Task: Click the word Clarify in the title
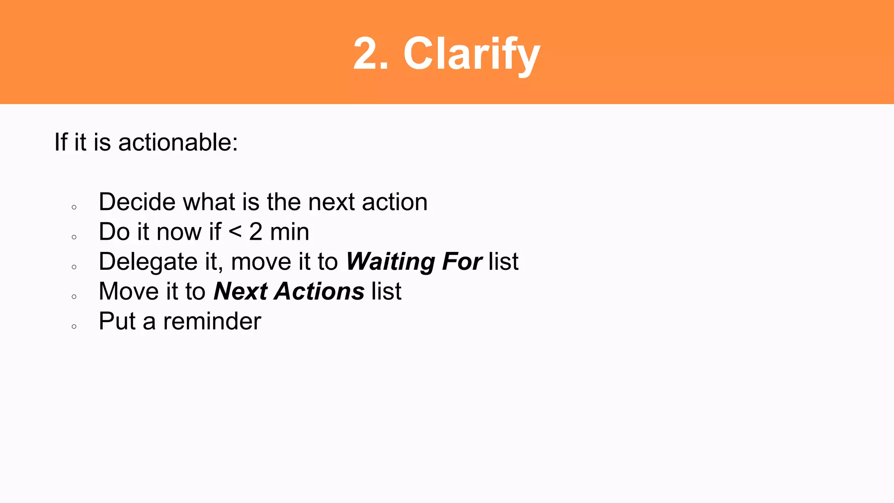pyautogui.click(x=471, y=54)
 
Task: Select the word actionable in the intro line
pyautogui.click(x=178, y=142)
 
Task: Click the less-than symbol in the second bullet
pyautogui.click(x=235, y=232)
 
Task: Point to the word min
pyautogui.click(x=289, y=232)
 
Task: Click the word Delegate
pyautogui.click(x=148, y=262)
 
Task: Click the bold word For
pyautogui.click(x=462, y=262)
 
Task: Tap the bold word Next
pyautogui.click(x=241, y=291)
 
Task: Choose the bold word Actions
pyautogui.click(x=319, y=291)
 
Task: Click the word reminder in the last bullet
pyautogui.click(x=212, y=321)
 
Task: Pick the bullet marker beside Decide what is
pyautogui.click(x=74, y=207)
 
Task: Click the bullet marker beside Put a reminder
pyautogui.click(x=74, y=327)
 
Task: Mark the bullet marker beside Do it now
pyautogui.click(x=74, y=237)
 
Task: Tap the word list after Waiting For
pyautogui.click(x=503, y=262)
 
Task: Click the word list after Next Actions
pyautogui.click(x=386, y=291)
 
